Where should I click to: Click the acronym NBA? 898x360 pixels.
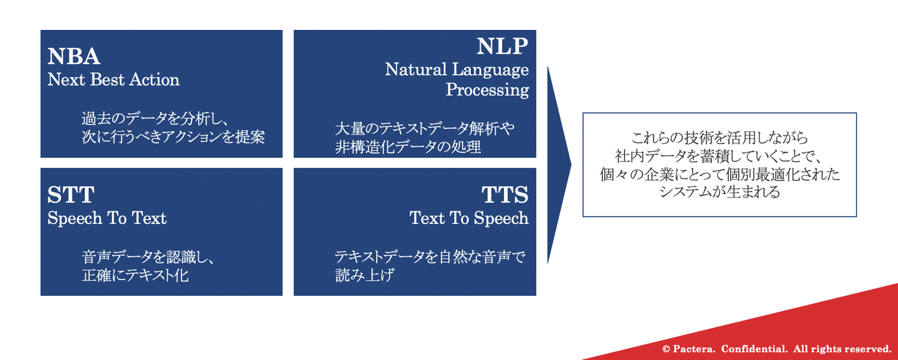[74, 56]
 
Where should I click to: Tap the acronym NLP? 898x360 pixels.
[503, 46]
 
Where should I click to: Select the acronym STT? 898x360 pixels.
[71, 195]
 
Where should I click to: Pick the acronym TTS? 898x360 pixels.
[505, 195]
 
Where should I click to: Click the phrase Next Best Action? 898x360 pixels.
[113, 79]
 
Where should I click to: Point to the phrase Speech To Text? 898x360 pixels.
[107, 218]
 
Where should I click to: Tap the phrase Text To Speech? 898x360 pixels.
[469, 218]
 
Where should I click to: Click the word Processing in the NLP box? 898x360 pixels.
[487, 90]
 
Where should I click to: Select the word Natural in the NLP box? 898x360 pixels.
[416, 69]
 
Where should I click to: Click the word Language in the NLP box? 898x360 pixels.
[490, 70]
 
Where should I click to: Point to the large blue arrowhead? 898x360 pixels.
[559, 165]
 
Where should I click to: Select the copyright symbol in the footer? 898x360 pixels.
[666, 349]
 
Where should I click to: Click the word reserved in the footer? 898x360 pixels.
[868, 349]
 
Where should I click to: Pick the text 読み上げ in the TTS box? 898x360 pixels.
[364, 275]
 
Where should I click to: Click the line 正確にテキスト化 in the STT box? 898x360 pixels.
[135, 275]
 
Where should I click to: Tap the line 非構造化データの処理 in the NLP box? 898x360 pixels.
[408, 147]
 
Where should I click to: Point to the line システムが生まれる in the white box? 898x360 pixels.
[720, 192]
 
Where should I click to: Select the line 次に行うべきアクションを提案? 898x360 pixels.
[173, 137]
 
